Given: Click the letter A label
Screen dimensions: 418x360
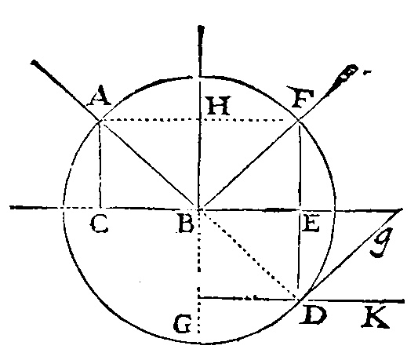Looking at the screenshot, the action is pyautogui.click(x=99, y=96).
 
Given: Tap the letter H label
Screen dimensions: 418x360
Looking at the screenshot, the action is pyautogui.click(x=217, y=105).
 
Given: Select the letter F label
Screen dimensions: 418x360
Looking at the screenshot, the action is pyautogui.click(x=300, y=96).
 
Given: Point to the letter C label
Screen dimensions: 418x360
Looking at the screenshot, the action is pyautogui.click(x=100, y=224).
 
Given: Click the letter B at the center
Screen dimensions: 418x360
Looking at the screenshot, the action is pyautogui.click(x=185, y=224).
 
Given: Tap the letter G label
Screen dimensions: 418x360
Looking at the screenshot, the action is pyautogui.click(x=183, y=324).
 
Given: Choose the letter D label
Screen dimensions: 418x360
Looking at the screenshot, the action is pyautogui.click(x=313, y=315).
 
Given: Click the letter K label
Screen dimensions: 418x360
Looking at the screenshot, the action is pyautogui.click(x=376, y=317).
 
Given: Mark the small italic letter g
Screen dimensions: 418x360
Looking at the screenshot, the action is pyautogui.click(x=382, y=242).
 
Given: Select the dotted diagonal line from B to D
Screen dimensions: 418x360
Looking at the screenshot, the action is pyautogui.click(x=249, y=254).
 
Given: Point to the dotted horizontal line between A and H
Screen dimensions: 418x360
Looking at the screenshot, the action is pyautogui.click(x=149, y=120).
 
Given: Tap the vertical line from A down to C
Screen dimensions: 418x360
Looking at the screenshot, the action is pyautogui.click(x=100, y=164).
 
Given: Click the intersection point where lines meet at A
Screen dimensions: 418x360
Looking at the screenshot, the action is pyautogui.click(x=100, y=121).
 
